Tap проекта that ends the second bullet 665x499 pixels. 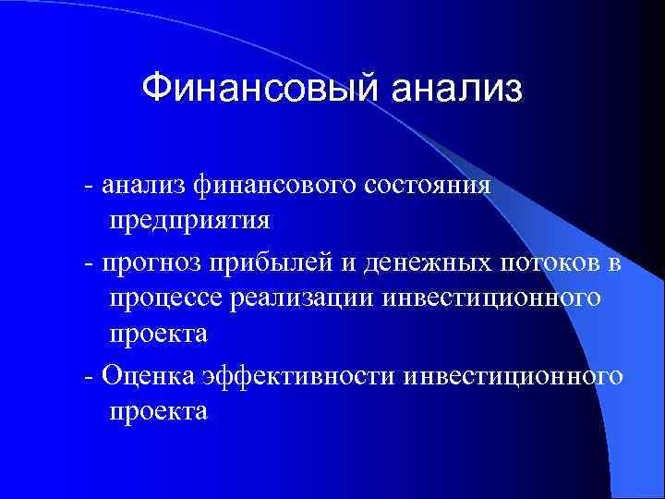[158, 336]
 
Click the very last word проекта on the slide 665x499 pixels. [158, 412]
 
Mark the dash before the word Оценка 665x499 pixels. [88, 377]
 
